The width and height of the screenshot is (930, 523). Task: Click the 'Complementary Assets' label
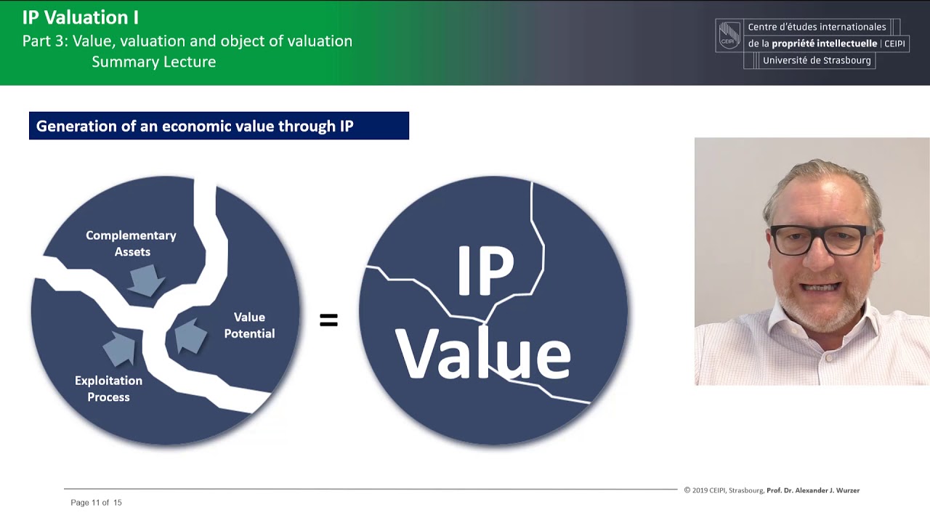coord(131,243)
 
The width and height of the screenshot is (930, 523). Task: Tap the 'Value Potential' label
coord(249,325)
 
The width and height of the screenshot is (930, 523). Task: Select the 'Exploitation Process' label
coord(108,389)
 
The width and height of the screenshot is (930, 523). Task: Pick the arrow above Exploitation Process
coord(120,347)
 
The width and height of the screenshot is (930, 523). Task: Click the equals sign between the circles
coord(329,320)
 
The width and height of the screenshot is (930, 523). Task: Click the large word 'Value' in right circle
coord(482,354)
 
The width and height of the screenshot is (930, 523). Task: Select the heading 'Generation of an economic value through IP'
coord(195,126)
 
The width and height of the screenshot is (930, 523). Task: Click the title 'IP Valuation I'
coord(80,17)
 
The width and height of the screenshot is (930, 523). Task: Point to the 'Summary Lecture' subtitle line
coord(153,62)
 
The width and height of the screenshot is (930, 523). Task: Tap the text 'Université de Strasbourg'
coord(817,60)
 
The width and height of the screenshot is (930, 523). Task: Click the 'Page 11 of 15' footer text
coord(96,503)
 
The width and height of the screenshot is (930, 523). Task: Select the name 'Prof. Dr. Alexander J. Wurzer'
coord(813,490)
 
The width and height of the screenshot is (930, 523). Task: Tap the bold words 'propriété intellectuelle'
coord(824,44)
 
